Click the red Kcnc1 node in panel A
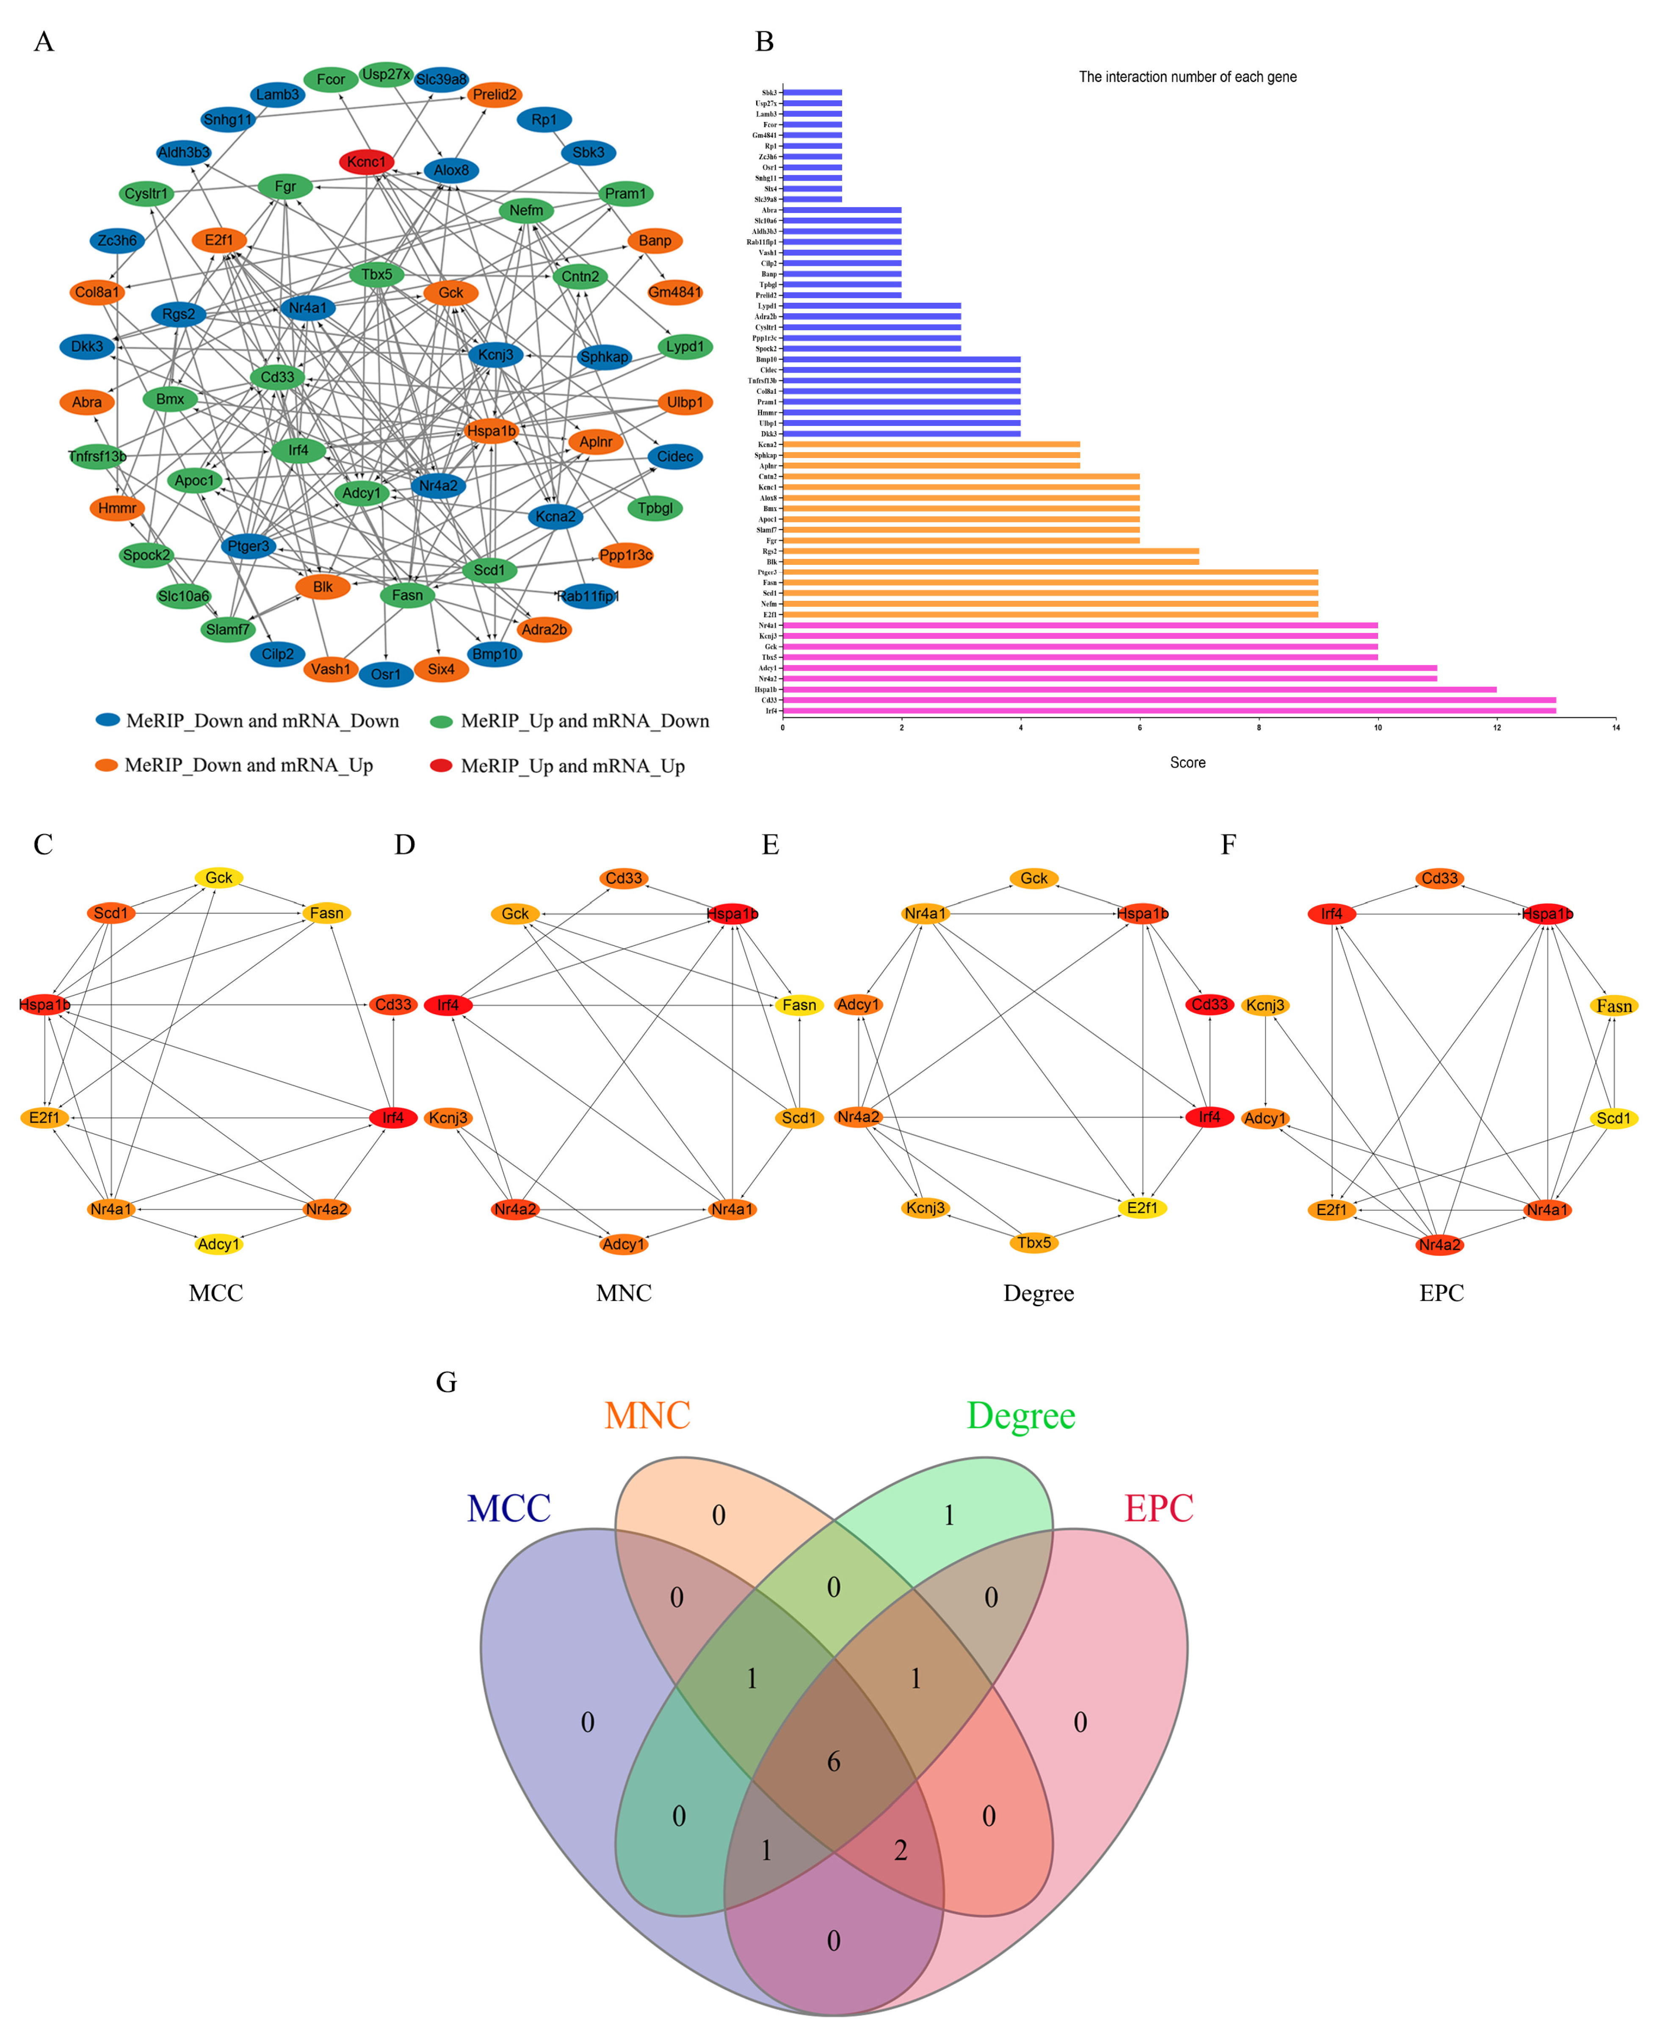click(366, 162)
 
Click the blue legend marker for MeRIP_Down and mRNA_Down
click(108, 720)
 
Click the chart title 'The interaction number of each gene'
click(1187, 77)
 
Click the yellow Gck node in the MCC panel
click(219, 877)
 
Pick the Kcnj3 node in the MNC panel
click(448, 1117)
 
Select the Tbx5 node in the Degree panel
click(1033, 1242)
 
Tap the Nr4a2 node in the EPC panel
click(1439, 1245)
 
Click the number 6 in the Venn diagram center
click(833, 1761)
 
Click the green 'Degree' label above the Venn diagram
click(1020, 1416)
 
